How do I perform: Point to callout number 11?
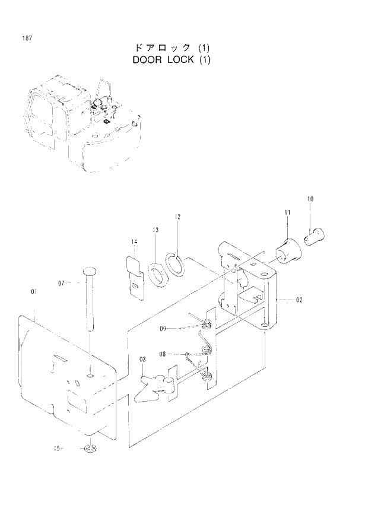287,212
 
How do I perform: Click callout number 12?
177,217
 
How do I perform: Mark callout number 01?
34,291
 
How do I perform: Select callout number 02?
299,300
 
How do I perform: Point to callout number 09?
163,328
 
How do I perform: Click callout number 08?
162,354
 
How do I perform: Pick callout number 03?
142,360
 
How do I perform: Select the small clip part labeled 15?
90,449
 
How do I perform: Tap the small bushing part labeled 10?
312,236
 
